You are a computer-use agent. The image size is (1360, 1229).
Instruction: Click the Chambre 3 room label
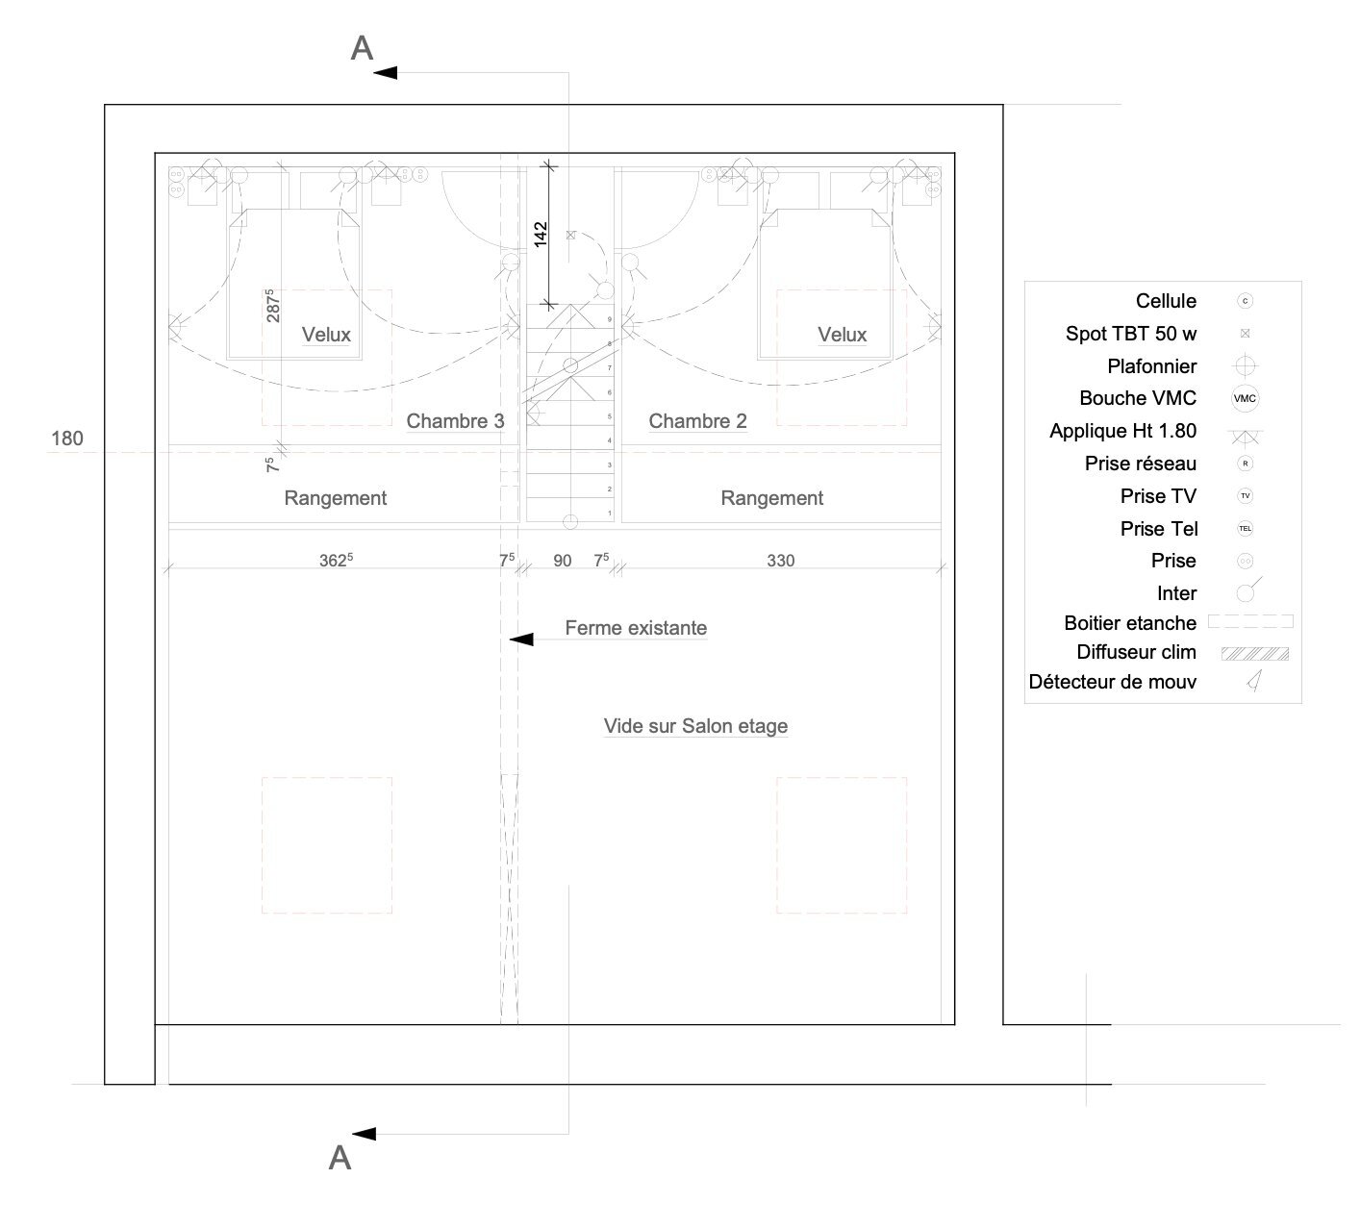(x=455, y=420)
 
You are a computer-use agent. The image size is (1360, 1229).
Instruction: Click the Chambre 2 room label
(x=697, y=420)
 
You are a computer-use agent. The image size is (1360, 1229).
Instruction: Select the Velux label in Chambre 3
(x=326, y=335)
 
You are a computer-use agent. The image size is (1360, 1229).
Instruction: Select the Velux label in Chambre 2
(x=842, y=335)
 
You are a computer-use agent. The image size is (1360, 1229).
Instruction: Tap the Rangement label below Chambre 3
(x=335, y=498)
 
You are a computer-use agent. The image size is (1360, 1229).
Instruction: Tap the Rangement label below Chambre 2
(x=771, y=498)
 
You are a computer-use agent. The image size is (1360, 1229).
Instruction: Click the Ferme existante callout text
(x=636, y=628)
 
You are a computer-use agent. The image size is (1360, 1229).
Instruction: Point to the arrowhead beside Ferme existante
(x=520, y=640)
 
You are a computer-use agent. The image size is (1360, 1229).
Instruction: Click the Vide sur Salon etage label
(x=695, y=726)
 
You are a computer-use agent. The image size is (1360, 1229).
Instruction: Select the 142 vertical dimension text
(x=541, y=233)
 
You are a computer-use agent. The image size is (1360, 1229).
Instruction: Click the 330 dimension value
(x=780, y=561)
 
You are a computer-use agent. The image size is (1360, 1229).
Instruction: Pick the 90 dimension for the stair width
(x=563, y=561)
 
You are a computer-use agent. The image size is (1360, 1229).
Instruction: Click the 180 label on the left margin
(x=67, y=439)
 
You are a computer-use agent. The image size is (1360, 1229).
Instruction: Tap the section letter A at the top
(x=362, y=48)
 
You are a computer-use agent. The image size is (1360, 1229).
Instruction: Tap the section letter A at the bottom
(x=340, y=1158)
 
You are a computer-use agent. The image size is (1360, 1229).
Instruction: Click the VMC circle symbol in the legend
(x=1245, y=398)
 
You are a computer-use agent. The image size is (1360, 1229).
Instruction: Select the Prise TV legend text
(x=1158, y=496)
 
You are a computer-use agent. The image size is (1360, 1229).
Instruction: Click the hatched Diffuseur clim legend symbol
(x=1254, y=654)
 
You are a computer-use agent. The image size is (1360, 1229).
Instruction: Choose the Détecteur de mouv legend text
(x=1112, y=682)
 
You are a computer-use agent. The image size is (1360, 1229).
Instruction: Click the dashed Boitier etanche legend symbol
(x=1250, y=622)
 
